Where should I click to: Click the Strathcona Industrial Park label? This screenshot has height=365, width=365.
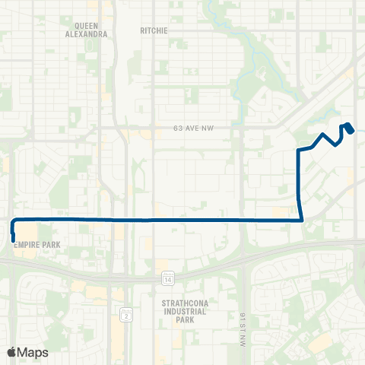(179, 312)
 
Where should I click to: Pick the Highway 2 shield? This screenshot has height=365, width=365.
(126, 314)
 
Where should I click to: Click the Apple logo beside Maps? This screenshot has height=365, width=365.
(12, 352)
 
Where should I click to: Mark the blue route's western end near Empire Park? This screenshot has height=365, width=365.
(13, 240)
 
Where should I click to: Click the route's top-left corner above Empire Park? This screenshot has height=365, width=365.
(13, 220)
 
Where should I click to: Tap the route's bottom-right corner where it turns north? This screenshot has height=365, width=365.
(303, 220)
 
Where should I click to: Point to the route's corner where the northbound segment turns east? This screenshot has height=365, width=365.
(297, 151)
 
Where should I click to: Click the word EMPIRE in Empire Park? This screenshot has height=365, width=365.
(24, 246)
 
